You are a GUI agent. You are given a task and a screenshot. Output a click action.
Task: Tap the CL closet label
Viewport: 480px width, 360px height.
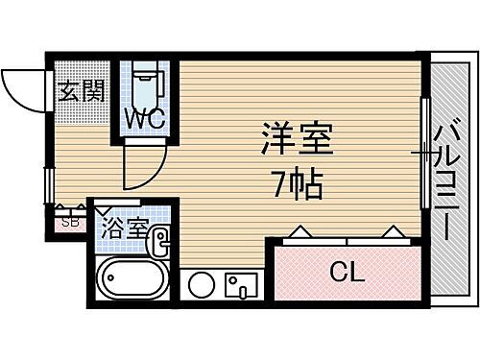pos(347,273)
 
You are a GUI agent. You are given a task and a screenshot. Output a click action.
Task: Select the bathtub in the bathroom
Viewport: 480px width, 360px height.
pos(135,281)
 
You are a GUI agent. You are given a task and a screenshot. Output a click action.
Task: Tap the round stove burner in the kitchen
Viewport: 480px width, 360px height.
pos(202,284)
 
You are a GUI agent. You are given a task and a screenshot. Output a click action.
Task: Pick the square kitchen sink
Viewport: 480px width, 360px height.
pos(238,285)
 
